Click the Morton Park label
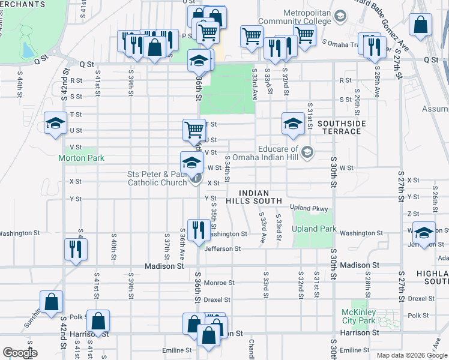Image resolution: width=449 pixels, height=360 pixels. [x=81, y=158]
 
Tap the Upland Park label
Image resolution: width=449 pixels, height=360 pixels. [x=313, y=229]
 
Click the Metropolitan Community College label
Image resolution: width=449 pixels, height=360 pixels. [x=298, y=17]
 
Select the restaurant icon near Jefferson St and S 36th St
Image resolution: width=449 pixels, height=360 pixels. [x=197, y=230]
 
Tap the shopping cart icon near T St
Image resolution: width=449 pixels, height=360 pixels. [x=194, y=130]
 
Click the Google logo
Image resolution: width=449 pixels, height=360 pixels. [x=20, y=353]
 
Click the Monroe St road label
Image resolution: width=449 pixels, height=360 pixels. [x=218, y=283]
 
